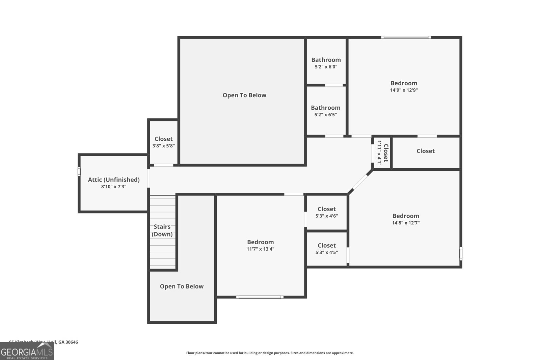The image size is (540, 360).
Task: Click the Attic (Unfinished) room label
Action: pyautogui.click(x=114, y=180)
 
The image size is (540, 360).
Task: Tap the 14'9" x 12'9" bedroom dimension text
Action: pyautogui.click(x=404, y=90)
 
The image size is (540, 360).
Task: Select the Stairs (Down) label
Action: pyautogui.click(x=162, y=230)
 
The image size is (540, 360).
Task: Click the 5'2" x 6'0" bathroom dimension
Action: pyautogui.click(x=326, y=67)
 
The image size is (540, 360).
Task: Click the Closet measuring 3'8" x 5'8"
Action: pyautogui.click(x=163, y=142)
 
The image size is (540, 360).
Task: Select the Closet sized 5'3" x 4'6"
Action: pyautogui.click(x=326, y=212)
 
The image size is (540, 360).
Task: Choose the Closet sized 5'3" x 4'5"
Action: pyautogui.click(x=326, y=249)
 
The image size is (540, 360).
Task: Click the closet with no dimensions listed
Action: pyautogui.click(x=425, y=151)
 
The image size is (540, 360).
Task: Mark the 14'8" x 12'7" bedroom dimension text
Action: pyautogui.click(x=406, y=223)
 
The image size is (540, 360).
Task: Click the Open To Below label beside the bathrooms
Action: pyautogui.click(x=244, y=95)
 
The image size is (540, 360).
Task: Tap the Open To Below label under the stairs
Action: pyautogui.click(x=182, y=286)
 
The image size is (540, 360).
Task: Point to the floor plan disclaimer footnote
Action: pyautogui.click(x=270, y=353)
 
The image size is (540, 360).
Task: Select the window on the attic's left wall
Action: pyautogui.click(x=79, y=172)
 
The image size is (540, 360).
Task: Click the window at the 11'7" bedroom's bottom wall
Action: pyautogui.click(x=260, y=297)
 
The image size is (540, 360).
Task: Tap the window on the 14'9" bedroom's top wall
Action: pyautogui.click(x=406, y=37)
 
